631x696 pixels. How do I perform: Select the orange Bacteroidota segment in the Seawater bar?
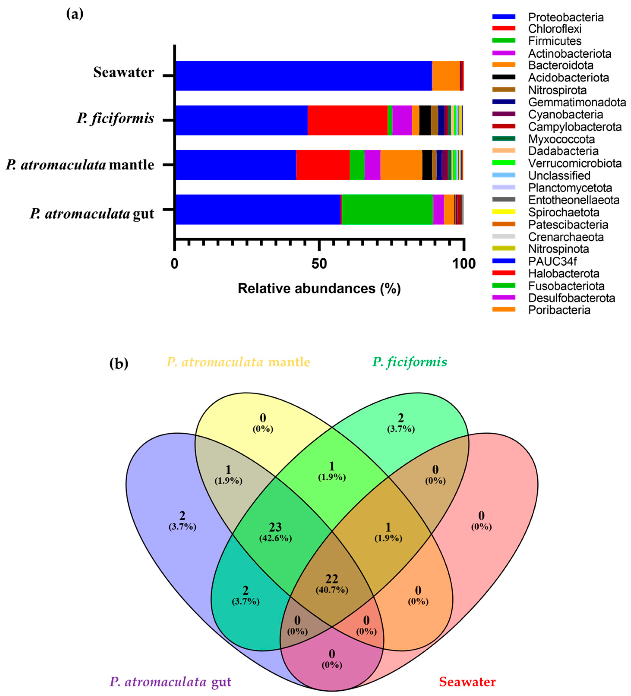point(446,76)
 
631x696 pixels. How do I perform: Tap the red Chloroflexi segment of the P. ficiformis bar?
point(347,120)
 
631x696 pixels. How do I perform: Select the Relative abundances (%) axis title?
point(319,288)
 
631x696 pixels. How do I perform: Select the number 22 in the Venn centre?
point(331,579)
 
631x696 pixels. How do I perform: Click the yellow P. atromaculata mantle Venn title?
point(238,362)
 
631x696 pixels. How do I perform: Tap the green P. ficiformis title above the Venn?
point(409,362)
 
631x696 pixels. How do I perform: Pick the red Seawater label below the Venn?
point(467,682)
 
